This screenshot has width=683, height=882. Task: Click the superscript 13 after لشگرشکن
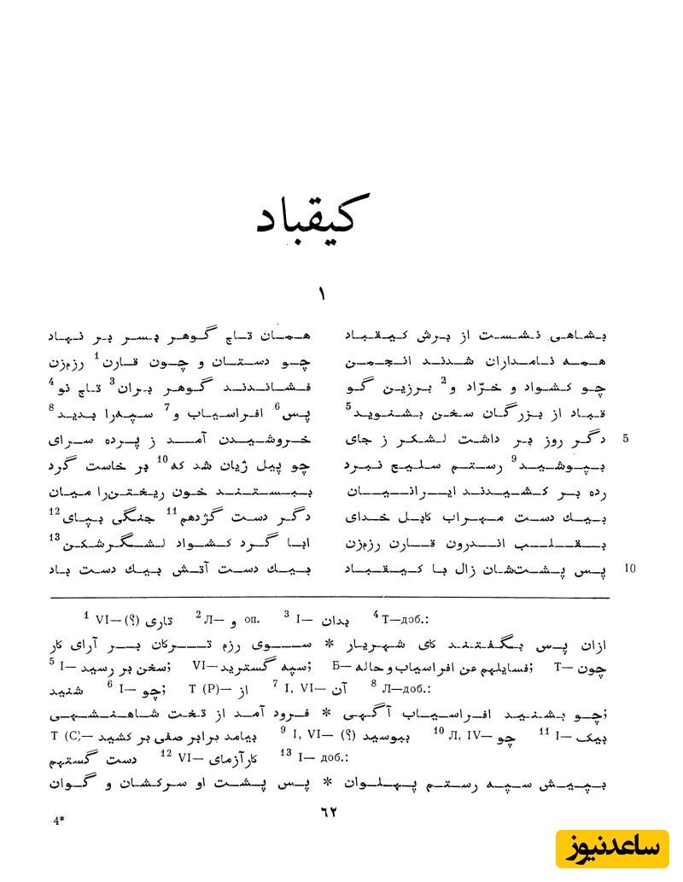click(x=54, y=537)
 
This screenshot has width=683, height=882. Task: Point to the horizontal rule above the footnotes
click(x=328, y=599)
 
